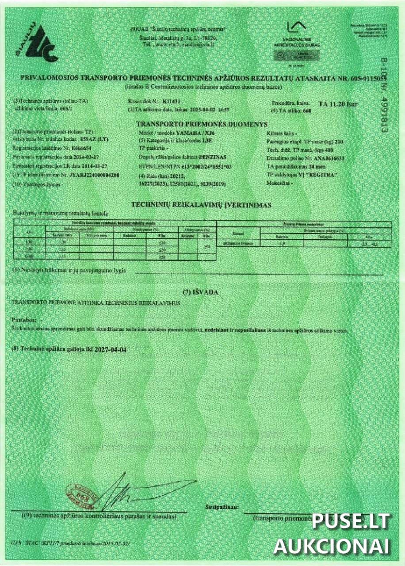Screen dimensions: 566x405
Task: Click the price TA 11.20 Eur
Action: click(x=338, y=104)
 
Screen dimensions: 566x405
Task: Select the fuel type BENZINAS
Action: click(x=212, y=157)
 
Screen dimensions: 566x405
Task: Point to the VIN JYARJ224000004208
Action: click(x=95, y=175)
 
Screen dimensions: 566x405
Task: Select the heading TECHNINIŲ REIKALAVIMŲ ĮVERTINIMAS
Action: click(x=202, y=205)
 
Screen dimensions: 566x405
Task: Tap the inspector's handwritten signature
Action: click(x=133, y=491)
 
